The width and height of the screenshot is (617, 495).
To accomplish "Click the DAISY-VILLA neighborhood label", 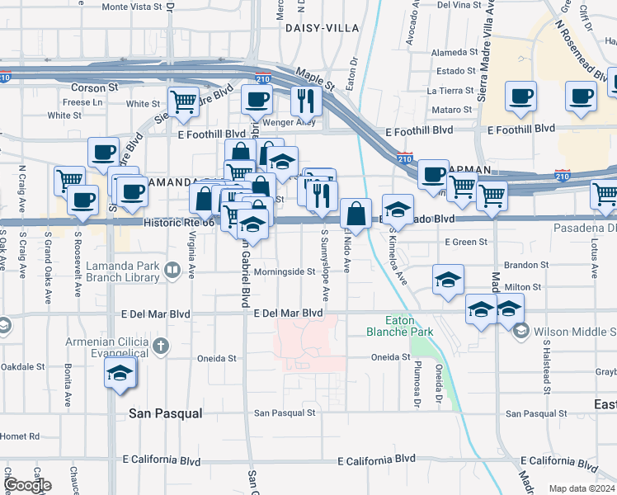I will point(322,27).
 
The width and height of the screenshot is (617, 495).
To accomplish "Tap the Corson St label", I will point(88,87).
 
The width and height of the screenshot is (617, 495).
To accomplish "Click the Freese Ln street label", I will point(82,103).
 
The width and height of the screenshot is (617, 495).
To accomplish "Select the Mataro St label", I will point(451,109).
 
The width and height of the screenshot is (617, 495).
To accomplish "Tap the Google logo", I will point(27,485).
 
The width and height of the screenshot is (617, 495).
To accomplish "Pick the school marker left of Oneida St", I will point(120,373).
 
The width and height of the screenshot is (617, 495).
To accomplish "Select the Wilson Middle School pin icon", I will point(520,332).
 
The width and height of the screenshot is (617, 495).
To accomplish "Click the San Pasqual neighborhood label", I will point(166,413).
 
